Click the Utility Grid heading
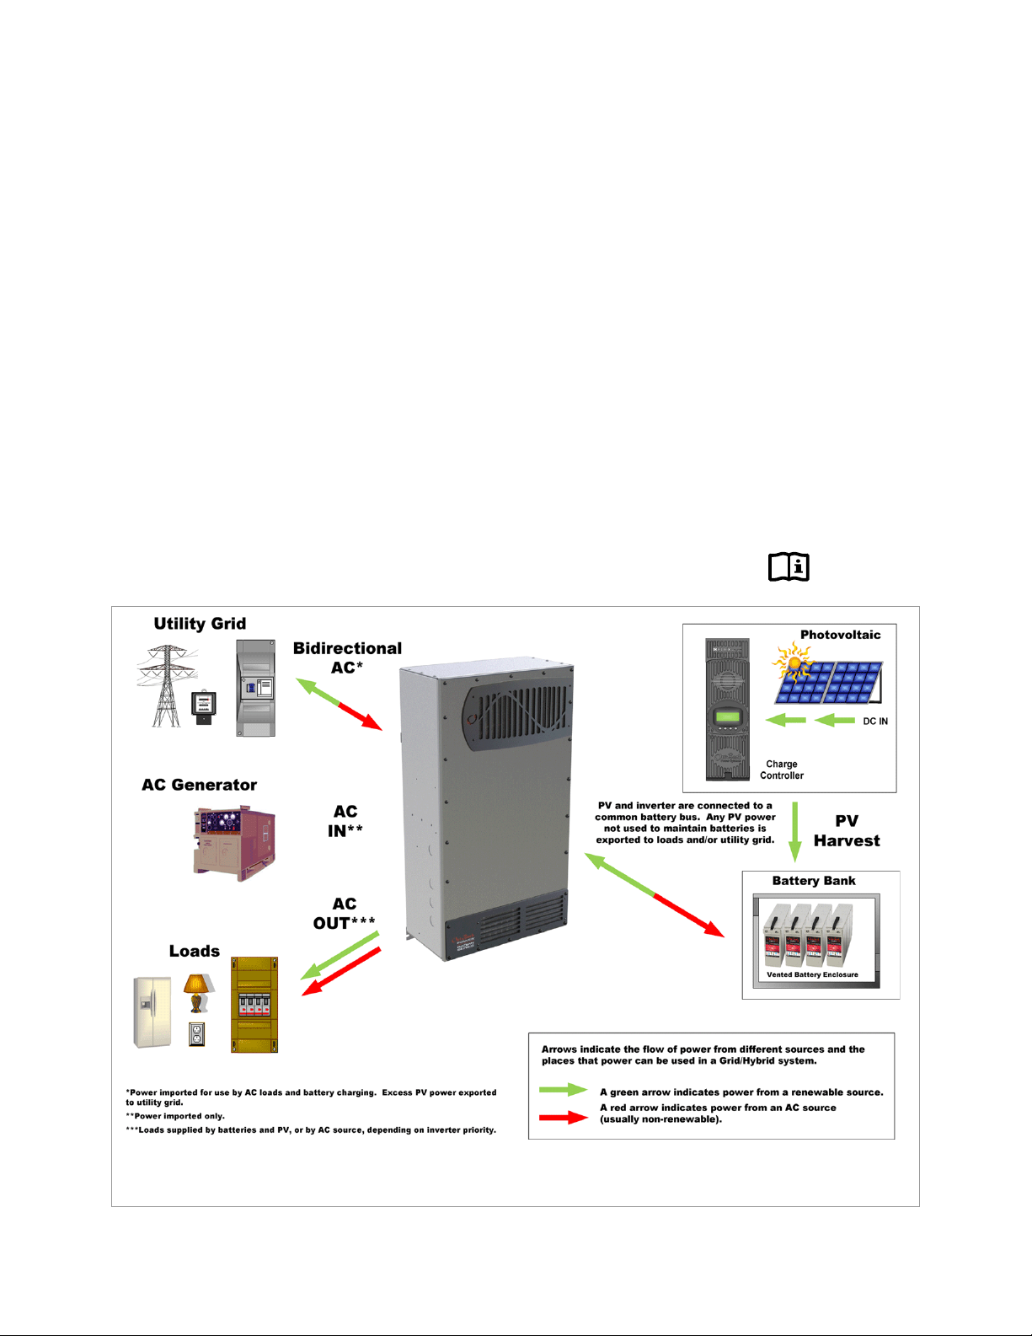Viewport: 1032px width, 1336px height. click(200, 624)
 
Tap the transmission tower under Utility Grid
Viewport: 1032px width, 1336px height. click(167, 686)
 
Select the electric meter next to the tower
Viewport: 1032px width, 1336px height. click(203, 708)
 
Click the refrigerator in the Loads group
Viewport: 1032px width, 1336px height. click(152, 1012)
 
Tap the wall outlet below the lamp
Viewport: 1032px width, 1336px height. click(197, 1034)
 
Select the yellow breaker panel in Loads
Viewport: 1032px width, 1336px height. click(254, 1004)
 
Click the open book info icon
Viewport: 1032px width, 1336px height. click(789, 566)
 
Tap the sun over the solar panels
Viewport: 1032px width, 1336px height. click(793, 663)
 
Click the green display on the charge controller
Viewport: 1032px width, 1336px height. click(727, 716)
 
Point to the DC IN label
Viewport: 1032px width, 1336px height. click(875, 722)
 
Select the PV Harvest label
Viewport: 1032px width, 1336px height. click(847, 830)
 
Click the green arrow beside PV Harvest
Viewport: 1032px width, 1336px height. click(795, 831)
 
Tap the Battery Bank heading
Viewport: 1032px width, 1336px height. click(814, 881)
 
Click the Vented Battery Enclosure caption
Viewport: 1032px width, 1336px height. click(812, 974)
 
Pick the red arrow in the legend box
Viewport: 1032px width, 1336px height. click(564, 1117)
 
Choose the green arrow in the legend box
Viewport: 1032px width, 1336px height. click(564, 1090)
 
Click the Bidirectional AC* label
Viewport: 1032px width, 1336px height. click(347, 657)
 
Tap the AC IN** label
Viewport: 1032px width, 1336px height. click(345, 821)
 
